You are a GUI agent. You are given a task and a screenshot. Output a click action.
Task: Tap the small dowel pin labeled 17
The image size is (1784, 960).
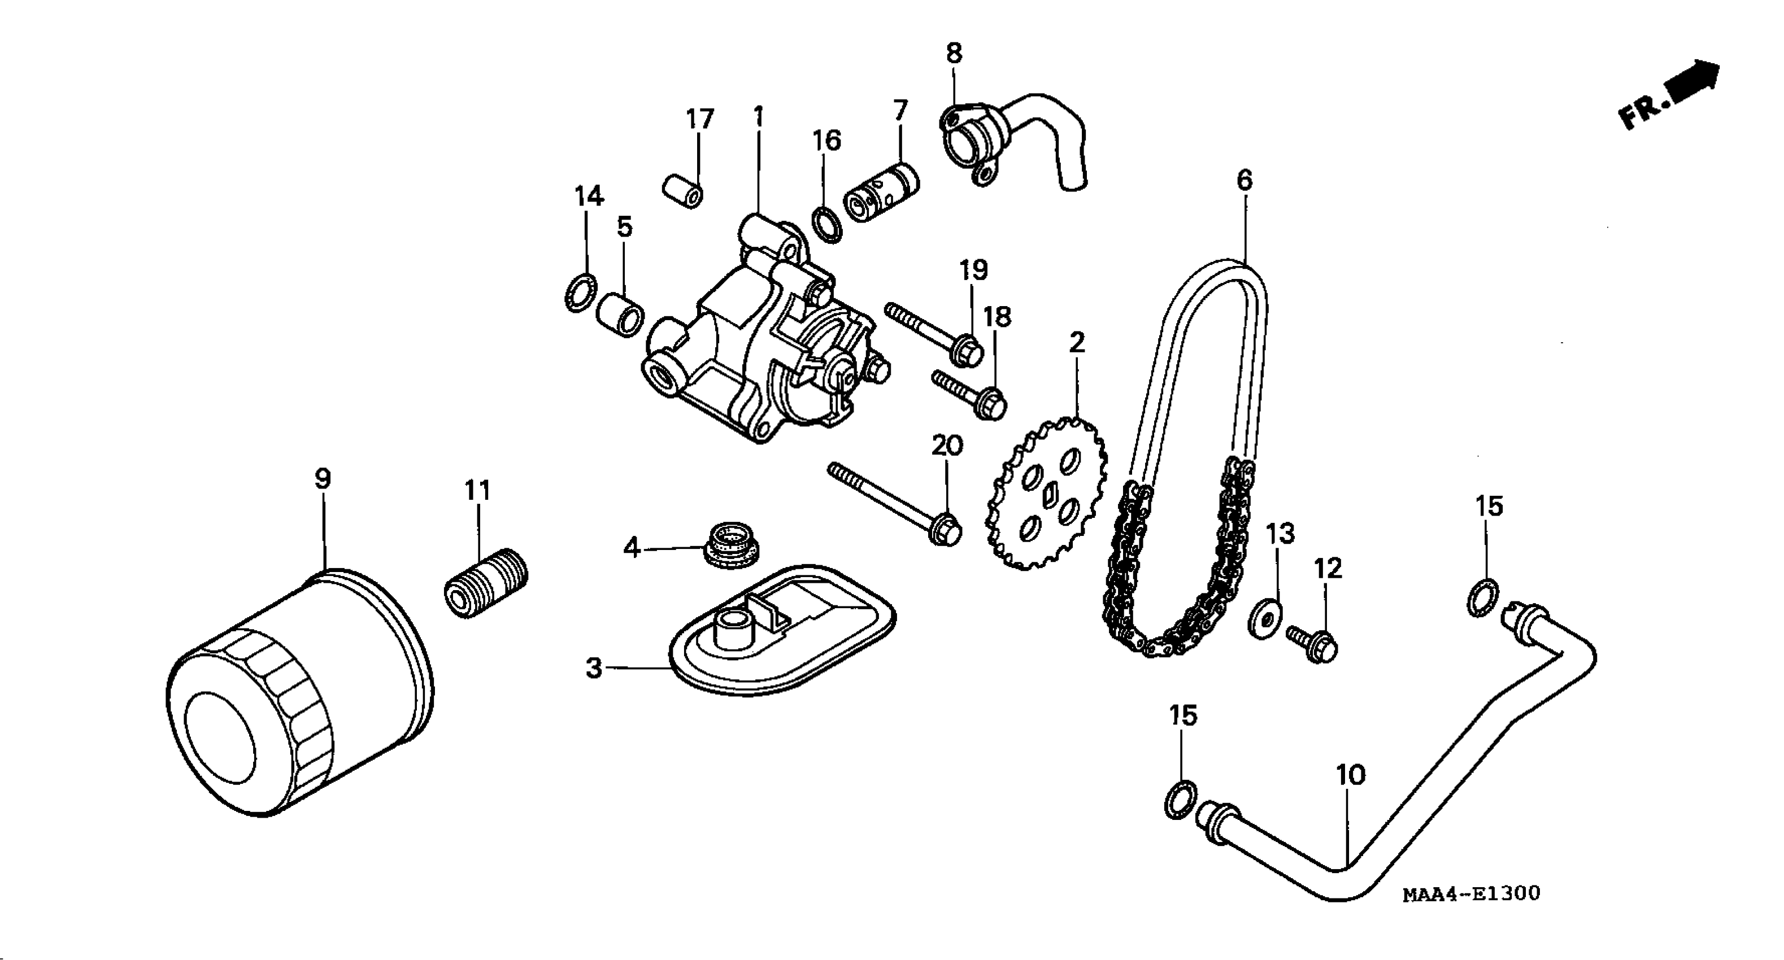point(683,190)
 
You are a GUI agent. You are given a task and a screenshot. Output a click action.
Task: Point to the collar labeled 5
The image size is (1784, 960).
point(620,315)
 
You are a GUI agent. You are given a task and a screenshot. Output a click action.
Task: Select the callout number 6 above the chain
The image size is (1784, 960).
point(1245,181)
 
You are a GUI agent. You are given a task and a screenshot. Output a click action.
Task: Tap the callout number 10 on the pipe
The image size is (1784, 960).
point(1350,775)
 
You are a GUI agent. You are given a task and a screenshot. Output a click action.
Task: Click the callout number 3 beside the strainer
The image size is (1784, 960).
point(594,669)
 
